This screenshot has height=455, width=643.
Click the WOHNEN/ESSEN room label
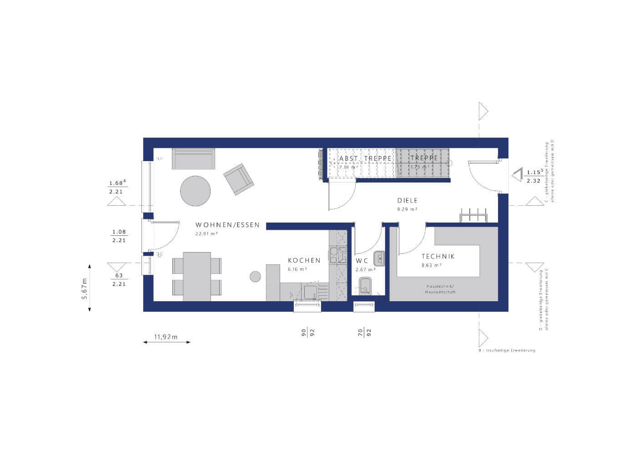[x=227, y=225]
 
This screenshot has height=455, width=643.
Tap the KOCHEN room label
[x=304, y=261]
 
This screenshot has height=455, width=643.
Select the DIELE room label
[x=407, y=201]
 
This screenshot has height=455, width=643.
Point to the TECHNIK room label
[x=437, y=257]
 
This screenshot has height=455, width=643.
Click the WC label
[x=362, y=261]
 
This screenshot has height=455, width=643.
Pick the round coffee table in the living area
[x=196, y=191]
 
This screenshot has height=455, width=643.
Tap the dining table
[x=197, y=276]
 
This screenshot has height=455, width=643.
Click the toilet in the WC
[x=365, y=287]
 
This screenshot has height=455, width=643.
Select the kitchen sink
[x=311, y=291]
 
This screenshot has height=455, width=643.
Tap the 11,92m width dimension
[x=166, y=337]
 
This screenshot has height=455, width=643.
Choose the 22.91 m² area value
[x=206, y=233]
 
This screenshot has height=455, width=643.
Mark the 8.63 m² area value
[x=431, y=265]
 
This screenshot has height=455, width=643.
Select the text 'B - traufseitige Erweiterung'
[x=504, y=350]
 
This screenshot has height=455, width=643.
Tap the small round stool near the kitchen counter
[x=256, y=276]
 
